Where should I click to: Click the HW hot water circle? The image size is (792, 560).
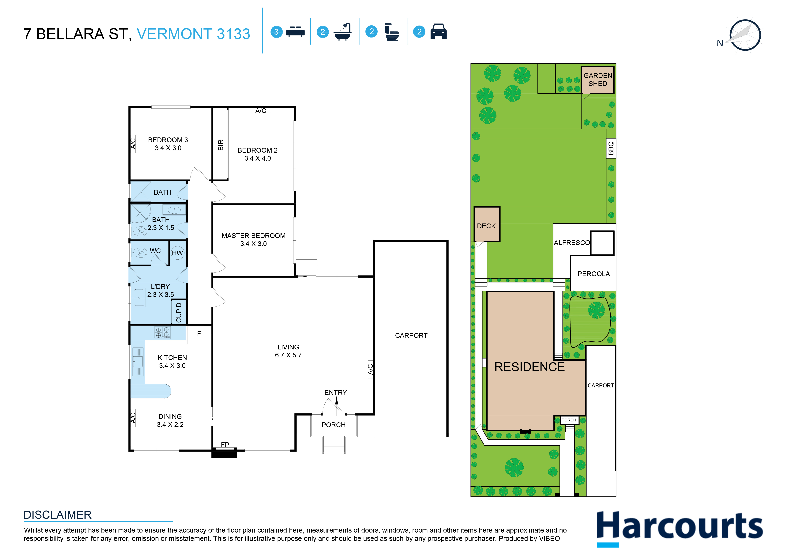point(177,253)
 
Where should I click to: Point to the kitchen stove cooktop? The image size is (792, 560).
point(162,332)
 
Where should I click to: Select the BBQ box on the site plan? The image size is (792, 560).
point(611,148)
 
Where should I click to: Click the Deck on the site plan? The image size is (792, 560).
point(487,224)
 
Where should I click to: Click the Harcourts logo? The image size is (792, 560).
point(679,528)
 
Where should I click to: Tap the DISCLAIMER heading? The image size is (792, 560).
point(58,515)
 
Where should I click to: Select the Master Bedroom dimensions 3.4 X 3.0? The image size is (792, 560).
point(254,244)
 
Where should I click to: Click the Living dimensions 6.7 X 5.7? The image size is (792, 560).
point(288,355)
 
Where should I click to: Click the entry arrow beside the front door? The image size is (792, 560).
point(336,401)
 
